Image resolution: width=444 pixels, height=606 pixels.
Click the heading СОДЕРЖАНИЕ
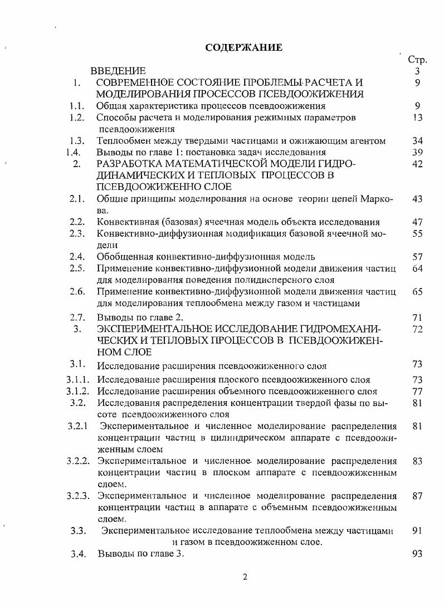tap(243, 47)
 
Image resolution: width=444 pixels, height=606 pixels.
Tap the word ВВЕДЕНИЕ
tap(119, 71)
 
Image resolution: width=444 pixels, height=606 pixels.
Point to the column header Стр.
tap(417, 60)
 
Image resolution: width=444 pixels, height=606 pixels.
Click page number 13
tap(417, 118)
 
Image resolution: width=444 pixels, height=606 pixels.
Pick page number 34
tap(417, 141)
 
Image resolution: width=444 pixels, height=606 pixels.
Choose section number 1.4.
tap(75, 152)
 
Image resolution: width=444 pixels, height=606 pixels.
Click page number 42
tap(417, 164)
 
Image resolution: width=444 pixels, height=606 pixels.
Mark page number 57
tap(417, 257)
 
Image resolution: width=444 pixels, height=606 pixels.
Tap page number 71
tap(417, 317)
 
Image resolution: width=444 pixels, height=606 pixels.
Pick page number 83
tap(417, 461)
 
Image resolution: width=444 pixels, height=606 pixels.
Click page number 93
tap(417, 554)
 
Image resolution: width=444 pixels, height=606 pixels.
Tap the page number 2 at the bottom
tap(245, 576)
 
